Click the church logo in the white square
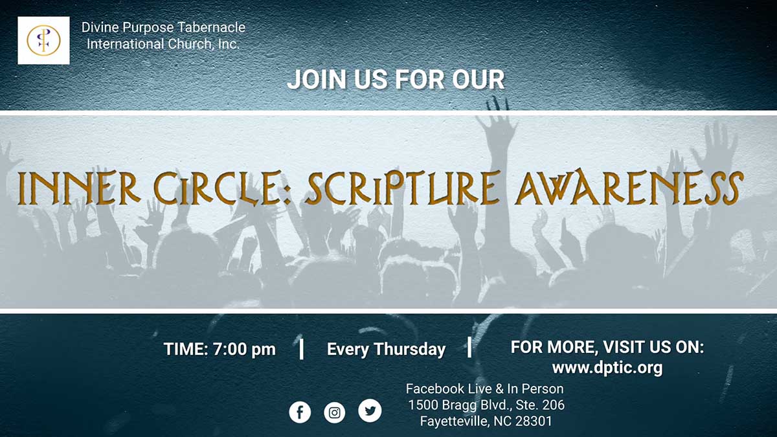point(43,40)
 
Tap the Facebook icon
point(300,412)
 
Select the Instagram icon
point(335,412)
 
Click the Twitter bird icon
point(370,410)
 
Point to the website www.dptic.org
point(607,368)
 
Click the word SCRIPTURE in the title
point(402,188)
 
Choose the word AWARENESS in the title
point(629,188)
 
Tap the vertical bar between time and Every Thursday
point(302,348)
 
